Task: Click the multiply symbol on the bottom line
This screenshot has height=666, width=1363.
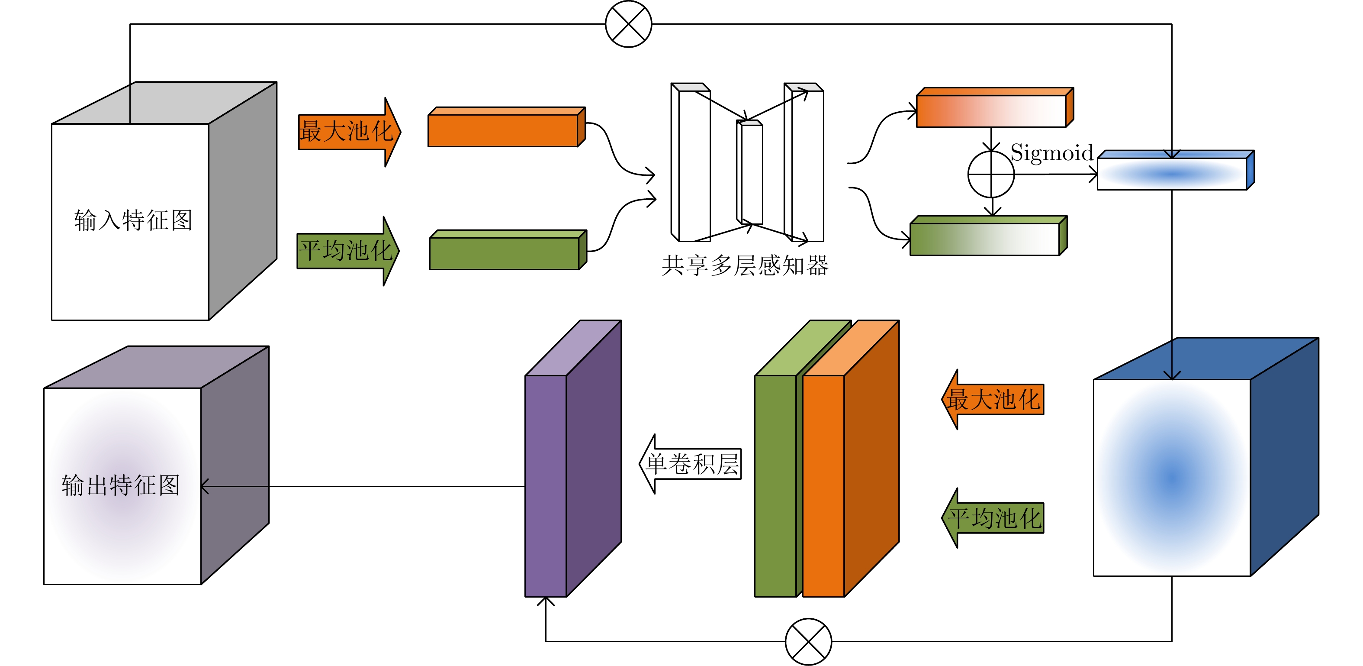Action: coord(808,641)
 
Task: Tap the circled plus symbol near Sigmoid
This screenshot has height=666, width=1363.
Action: coord(990,174)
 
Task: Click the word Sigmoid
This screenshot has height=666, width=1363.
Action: coord(1051,152)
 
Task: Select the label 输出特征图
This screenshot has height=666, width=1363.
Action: coord(121,485)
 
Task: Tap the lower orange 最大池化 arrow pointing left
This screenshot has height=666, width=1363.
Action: coord(993,399)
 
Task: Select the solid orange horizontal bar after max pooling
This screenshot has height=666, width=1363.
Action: coord(503,130)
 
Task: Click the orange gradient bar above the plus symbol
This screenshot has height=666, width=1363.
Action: coord(991,111)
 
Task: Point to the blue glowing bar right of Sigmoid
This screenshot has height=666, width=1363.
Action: coord(1172,174)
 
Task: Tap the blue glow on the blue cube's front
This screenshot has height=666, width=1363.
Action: coord(1172,476)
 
